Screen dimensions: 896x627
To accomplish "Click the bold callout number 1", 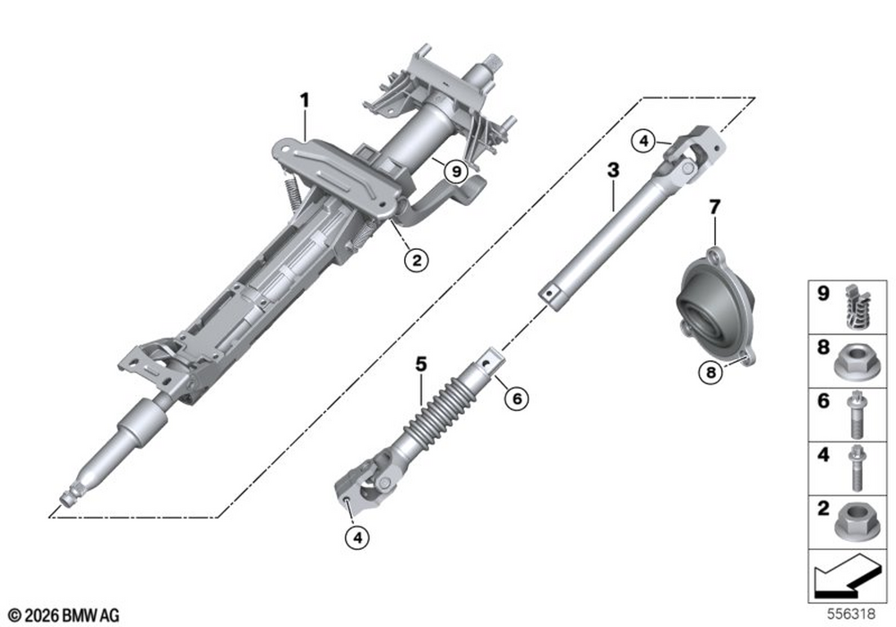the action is [x=306, y=101].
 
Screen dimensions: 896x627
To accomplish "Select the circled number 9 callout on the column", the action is [x=455, y=171].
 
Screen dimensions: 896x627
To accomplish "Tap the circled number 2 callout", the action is [x=417, y=261].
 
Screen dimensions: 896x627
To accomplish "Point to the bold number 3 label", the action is [x=613, y=169].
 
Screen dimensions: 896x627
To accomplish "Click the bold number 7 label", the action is [x=715, y=207].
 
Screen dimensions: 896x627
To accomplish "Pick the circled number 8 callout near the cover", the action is [x=711, y=373].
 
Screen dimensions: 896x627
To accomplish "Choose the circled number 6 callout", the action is [x=517, y=398].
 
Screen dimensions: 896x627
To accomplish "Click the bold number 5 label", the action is [x=421, y=364].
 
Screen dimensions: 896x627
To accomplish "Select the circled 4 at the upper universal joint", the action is [x=644, y=141].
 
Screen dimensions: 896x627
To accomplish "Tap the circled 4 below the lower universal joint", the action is [x=358, y=537].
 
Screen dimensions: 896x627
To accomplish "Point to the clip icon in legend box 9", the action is [x=857, y=306].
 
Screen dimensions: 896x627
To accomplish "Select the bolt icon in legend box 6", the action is [x=856, y=415].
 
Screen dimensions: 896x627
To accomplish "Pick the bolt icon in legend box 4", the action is [x=856, y=468].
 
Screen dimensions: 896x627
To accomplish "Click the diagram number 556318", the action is [x=851, y=614].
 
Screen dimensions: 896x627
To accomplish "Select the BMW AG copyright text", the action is [x=64, y=615].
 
